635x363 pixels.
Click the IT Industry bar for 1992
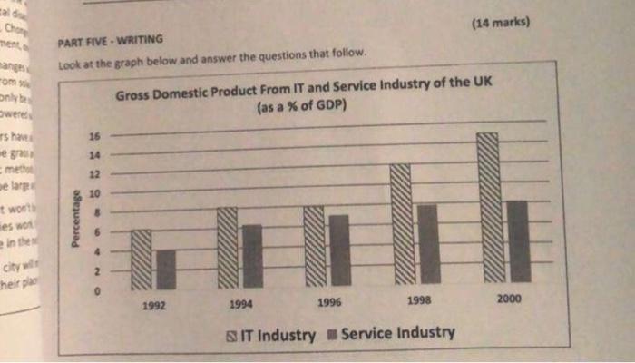tap(142, 258)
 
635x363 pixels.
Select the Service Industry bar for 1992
tap(166, 269)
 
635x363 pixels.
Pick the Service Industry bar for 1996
tap(339, 250)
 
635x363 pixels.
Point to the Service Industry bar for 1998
tap(427, 242)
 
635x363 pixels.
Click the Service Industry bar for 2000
tap(516, 240)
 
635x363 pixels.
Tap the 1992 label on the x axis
tap(153, 306)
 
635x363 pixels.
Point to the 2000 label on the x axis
tap(511, 299)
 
